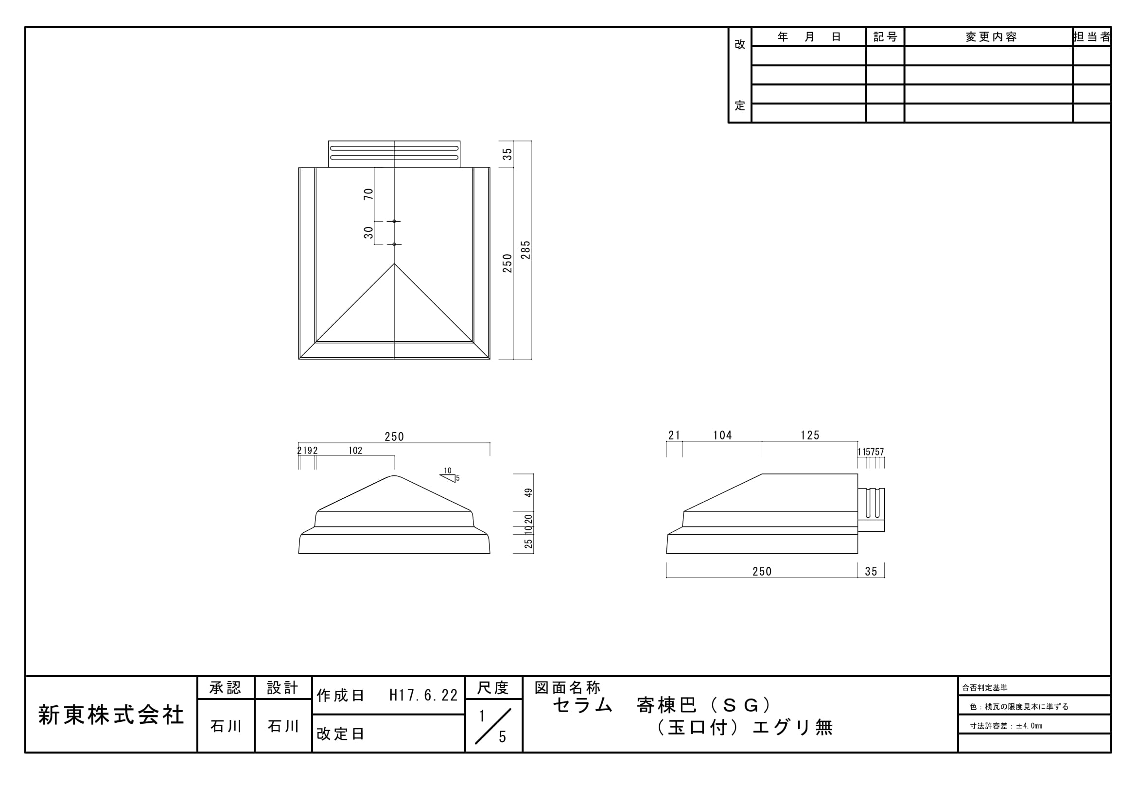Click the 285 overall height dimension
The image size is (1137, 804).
pyautogui.click(x=525, y=250)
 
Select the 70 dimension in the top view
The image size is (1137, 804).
pyautogui.click(x=368, y=194)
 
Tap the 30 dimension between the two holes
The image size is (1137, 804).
pyautogui.click(x=368, y=233)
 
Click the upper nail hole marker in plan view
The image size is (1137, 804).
pyautogui.click(x=394, y=221)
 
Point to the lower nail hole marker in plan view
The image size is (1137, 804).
pyautogui.click(x=394, y=244)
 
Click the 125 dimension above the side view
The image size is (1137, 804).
pyautogui.click(x=810, y=435)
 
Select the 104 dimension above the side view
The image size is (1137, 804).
pyautogui.click(x=722, y=435)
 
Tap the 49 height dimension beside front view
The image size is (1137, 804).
pyautogui.click(x=529, y=492)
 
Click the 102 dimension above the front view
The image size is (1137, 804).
pyautogui.click(x=355, y=451)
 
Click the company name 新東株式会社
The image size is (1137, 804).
pyautogui.click(x=111, y=716)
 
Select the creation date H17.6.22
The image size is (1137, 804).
pyautogui.click(x=423, y=696)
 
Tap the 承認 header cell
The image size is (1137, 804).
pyautogui.click(x=226, y=688)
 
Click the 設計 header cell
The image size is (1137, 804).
pyautogui.click(x=283, y=688)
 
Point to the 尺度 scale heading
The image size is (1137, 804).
pyautogui.click(x=493, y=688)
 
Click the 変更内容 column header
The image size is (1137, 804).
pyautogui.click(x=991, y=37)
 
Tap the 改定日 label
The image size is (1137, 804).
pyautogui.click(x=340, y=734)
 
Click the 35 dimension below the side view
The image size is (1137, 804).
pyautogui.click(x=871, y=571)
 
